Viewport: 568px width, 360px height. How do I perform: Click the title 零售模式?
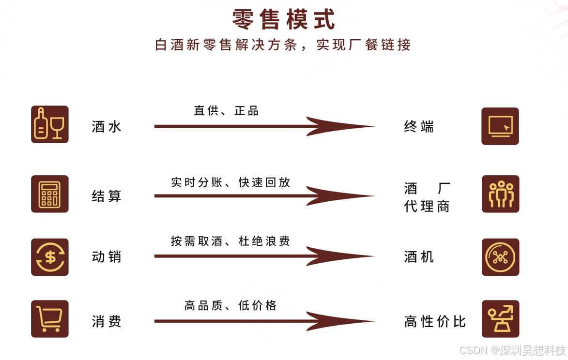283,20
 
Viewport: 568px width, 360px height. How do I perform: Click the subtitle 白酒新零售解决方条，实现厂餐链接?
283,45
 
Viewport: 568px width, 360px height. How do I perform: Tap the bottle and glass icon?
50,124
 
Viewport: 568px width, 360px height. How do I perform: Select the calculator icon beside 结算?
50,194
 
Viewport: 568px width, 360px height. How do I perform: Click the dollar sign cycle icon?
50,257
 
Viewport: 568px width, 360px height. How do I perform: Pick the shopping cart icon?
50,319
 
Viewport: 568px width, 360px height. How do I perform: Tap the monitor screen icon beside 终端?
500,126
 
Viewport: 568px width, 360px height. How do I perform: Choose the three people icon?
500,194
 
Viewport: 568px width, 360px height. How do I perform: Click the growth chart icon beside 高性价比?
500,319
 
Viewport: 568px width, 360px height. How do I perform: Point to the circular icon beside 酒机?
500,257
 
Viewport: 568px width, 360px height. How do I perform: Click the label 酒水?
107,127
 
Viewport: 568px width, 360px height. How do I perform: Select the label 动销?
107,257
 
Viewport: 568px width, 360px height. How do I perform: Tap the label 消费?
107,321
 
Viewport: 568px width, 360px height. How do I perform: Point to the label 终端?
419,127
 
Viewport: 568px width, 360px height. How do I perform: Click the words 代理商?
427,207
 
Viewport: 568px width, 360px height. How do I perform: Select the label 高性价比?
435,321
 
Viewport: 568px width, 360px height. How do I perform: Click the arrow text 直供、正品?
227,111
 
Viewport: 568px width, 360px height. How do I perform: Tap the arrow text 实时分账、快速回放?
230,182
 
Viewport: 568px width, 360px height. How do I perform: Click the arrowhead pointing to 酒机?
339,256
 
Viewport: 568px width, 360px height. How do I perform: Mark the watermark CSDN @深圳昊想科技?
512,350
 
